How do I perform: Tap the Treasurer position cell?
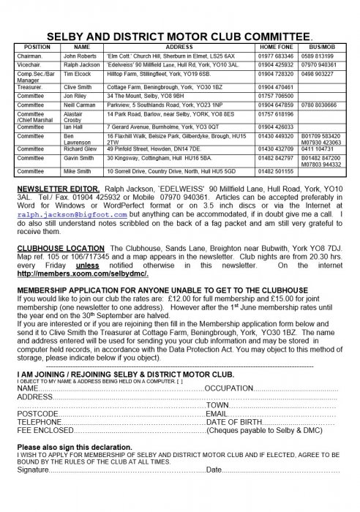[x=30, y=86]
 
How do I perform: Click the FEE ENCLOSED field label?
[x=45, y=431]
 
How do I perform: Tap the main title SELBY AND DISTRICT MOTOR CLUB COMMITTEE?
[x=179, y=34]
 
